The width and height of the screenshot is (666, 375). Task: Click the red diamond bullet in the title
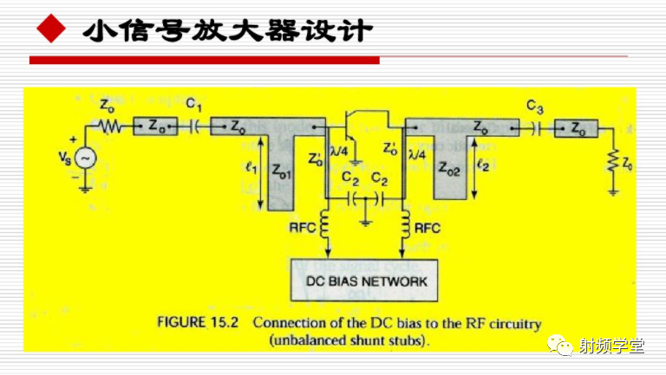[51, 31]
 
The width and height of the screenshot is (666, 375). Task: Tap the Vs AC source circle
[86, 158]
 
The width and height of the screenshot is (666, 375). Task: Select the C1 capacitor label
[193, 106]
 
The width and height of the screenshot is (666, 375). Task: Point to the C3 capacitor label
[535, 107]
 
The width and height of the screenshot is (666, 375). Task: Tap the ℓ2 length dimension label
[483, 162]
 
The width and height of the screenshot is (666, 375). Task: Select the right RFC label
[427, 229]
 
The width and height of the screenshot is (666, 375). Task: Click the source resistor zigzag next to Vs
[111, 126]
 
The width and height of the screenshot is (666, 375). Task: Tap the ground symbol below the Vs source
[86, 185]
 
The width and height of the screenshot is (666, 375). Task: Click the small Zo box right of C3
[577, 126]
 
